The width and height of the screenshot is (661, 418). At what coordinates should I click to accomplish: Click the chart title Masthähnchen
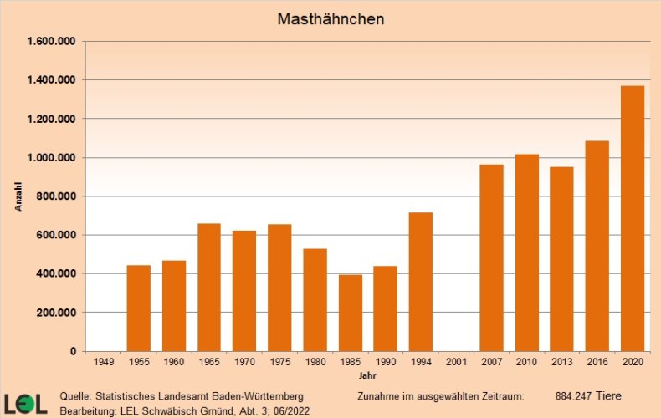point(330,18)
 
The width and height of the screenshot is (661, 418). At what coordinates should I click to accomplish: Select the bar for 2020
point(633,218)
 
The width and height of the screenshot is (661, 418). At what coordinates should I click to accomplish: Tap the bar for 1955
point(139,308)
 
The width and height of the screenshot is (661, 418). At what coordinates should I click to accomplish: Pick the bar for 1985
point(351,313)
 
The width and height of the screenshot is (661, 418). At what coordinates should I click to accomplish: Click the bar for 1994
point(421,282)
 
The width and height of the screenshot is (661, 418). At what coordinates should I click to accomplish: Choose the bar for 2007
point(491,257)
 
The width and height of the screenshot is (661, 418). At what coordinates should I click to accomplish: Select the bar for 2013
point(561,259)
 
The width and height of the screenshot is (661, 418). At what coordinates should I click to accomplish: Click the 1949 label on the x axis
point(103,363)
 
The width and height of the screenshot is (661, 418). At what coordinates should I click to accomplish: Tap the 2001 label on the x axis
point(456,363)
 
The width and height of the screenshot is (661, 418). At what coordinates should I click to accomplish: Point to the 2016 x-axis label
point(597,363)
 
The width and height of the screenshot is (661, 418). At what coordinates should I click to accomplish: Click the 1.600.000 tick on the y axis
point(53,42)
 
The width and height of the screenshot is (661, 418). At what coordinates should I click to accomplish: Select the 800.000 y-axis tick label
point(57,196)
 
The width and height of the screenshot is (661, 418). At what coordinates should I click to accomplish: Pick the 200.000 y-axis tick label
point(57,313)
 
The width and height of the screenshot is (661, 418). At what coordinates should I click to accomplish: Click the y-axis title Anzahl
point(18,196)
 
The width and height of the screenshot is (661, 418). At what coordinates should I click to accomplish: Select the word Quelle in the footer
point(76,395)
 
